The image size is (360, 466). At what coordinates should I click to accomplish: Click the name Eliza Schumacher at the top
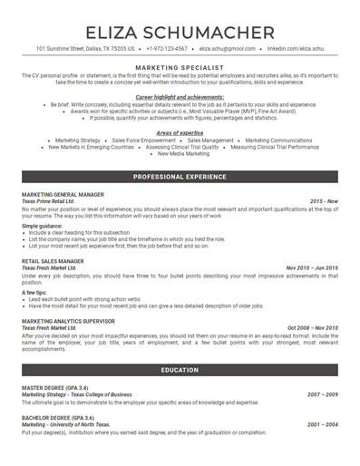click(180, 34)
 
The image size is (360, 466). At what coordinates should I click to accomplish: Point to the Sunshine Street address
click(85, 49)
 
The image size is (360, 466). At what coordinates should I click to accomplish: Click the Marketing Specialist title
click(180, 66)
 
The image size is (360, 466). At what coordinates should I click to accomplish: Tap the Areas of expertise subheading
click(180, 132)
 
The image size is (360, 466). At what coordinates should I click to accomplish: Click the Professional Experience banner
click(180, 176)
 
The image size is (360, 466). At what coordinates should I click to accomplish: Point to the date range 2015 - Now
click(324, 201)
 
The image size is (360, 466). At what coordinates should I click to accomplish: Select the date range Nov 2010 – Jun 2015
click(312, 267)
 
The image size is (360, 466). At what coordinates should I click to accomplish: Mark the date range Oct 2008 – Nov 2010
click(312, 327)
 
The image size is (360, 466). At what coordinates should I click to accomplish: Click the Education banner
click(180, 370)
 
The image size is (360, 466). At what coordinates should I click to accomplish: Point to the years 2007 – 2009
click(323, 395)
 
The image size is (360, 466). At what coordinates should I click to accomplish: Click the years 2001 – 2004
click(323, 423)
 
